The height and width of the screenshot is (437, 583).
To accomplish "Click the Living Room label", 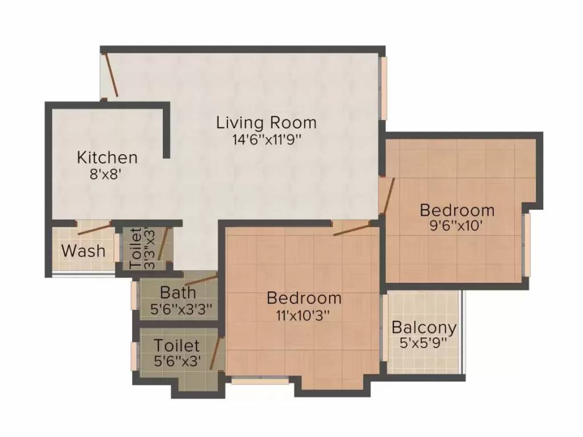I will (266, 122).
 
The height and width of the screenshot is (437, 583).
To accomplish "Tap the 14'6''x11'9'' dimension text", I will (266, 138).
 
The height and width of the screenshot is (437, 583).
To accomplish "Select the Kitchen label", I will (107, 157).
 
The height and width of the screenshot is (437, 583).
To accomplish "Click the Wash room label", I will (83, 250).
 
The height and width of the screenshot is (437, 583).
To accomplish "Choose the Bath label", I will (178, 293).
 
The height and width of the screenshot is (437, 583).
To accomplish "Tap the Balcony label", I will (424, 328).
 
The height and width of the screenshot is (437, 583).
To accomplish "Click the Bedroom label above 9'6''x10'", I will (457, 210).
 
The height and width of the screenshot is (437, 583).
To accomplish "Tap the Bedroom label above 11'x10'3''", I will (304, 298).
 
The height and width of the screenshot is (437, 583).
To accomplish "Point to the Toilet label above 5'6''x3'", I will (176, 345).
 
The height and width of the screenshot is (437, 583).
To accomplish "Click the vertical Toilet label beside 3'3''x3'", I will (136, 249).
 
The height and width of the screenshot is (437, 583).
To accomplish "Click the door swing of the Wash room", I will (95, 230).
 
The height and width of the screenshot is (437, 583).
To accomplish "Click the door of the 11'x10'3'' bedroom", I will (351, 229).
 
